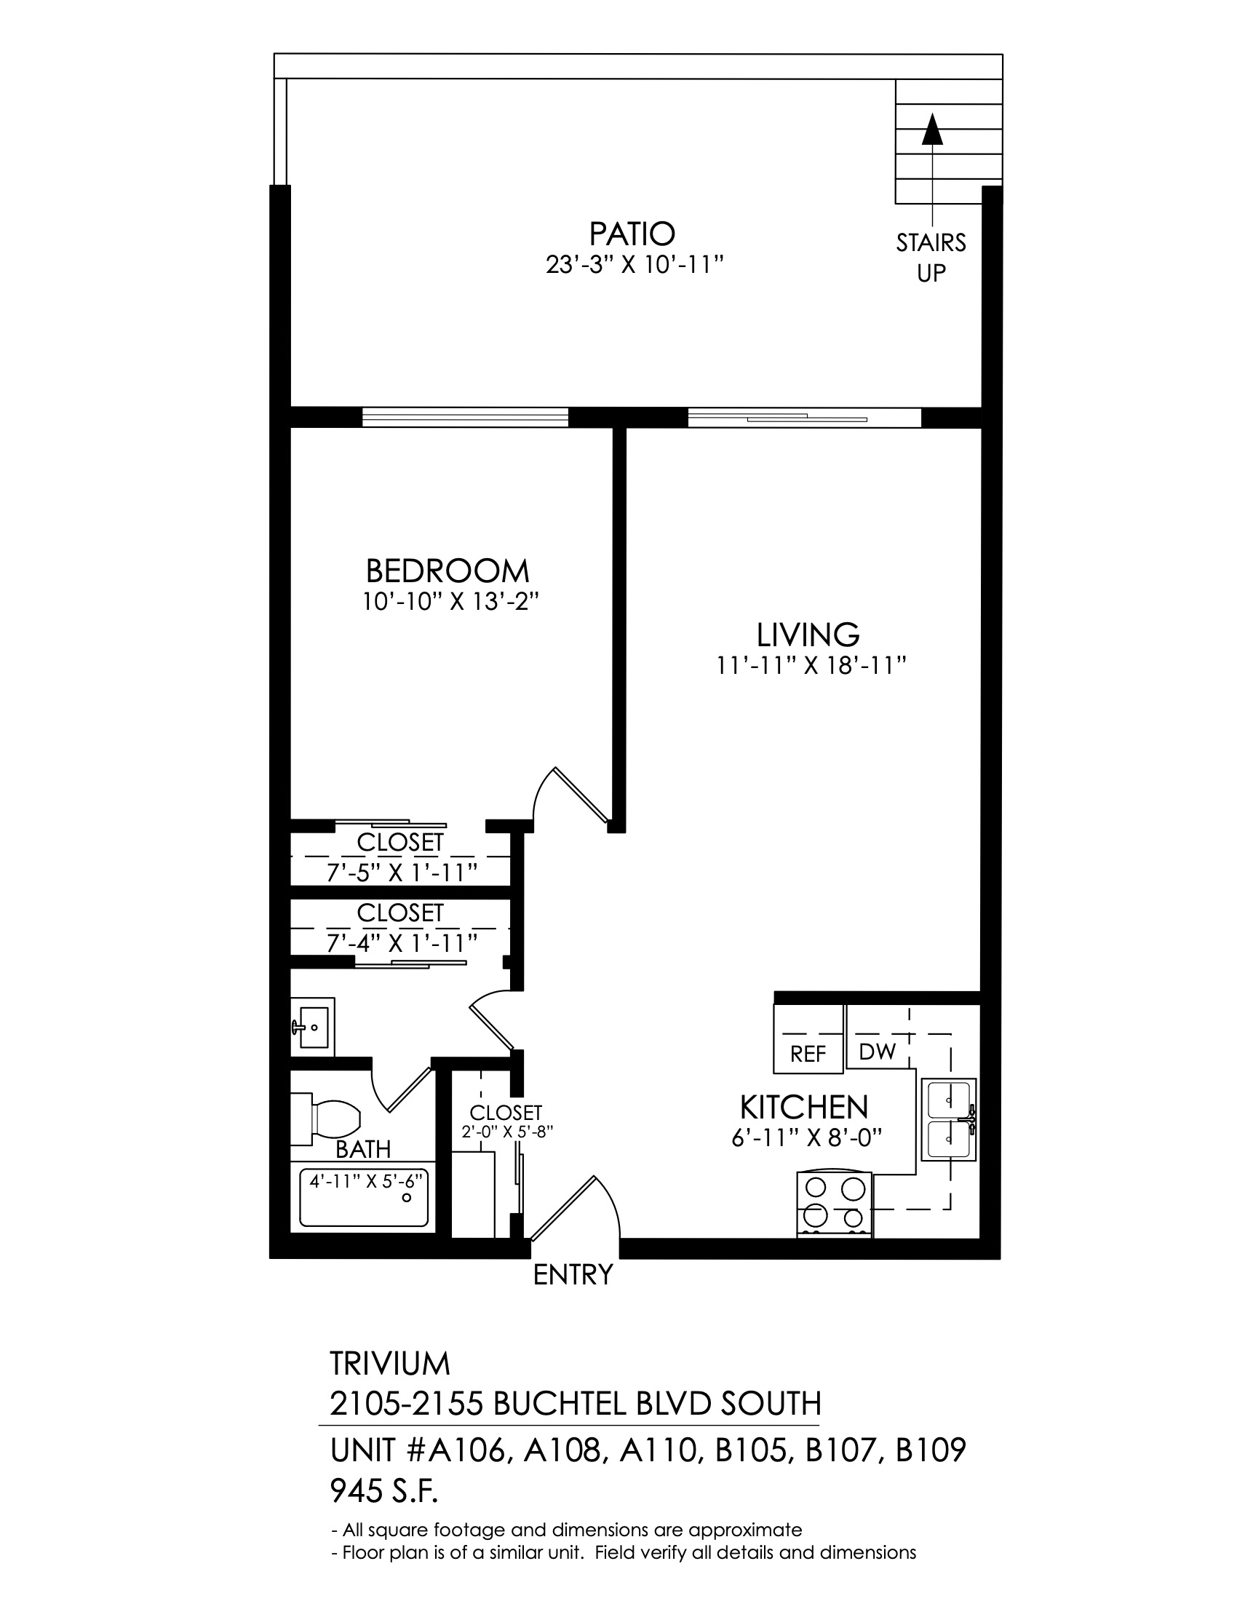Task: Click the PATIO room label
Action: point(632,234)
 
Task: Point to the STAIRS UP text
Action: point(931,258)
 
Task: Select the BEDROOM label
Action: point(447,571)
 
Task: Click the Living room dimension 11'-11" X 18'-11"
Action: point(812,666)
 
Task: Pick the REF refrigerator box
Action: point(808,1038)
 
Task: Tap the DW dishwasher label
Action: point(878,1052)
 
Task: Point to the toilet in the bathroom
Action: point(327,1119)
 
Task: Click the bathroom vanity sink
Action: point(313,1027)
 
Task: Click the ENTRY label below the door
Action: point(573,1275)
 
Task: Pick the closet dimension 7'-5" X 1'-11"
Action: point(402,872)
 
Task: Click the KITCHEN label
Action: point(804,1106)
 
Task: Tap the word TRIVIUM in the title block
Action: point(390,1364)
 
